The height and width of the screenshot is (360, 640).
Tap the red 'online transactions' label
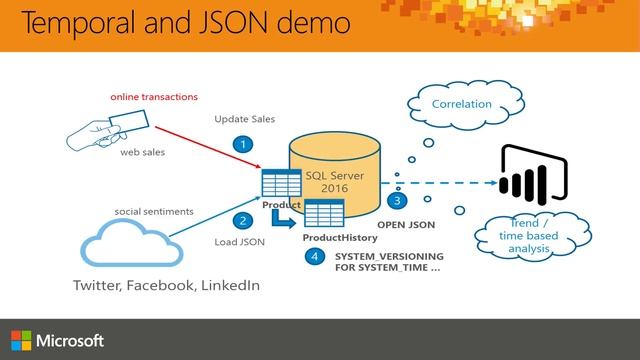pos(154,97)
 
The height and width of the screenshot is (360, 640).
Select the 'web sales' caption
pos(142,153)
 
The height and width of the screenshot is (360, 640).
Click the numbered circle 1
pos(241,144)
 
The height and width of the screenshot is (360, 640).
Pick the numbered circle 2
pos(241,220)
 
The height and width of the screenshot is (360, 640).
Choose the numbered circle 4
pos(316,257)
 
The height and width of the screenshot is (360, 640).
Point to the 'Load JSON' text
pos(239,242)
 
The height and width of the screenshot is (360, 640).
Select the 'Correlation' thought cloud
pos(461,103)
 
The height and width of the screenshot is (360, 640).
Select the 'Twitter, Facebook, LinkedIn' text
pos(166,285)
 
